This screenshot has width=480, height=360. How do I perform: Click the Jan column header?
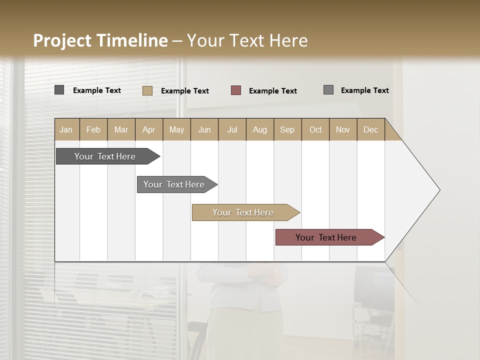click(x=66, y=129)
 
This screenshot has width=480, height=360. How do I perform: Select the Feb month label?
click(x=93, y=129)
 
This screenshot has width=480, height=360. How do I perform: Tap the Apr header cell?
click(x=148, y=129)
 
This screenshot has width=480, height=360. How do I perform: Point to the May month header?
click(x=176, y=129)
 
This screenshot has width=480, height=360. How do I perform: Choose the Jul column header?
click(x=232, y=129)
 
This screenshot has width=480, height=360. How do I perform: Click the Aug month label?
click(x=259, y=129)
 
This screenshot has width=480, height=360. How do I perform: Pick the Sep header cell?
click(x=287, y=129)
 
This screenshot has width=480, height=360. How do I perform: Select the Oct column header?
click(x=315, y=129)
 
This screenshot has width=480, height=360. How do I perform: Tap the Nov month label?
click(x=343, y=129)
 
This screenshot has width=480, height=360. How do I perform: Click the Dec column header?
click(x=370, y=129)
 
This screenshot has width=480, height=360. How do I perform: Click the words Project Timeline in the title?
click(x=100, y=40)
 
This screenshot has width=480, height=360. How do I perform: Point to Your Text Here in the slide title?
click(x=247, y=40)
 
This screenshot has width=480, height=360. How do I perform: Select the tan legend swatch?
click(x=147, y=90)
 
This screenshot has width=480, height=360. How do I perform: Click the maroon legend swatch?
click(x=236, y=90)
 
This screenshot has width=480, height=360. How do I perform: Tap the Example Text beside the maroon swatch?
click(x=272, y=91)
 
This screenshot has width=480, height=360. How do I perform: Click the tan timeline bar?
click(x=243, y=212)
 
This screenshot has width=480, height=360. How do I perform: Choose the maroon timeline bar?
click(x=326, y=237)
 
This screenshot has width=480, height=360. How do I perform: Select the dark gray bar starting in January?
click(x=105, y=156)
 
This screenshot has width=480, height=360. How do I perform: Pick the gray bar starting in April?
click(x=174, y=184)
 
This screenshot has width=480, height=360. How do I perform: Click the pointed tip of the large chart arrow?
click(x=438, y=190)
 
